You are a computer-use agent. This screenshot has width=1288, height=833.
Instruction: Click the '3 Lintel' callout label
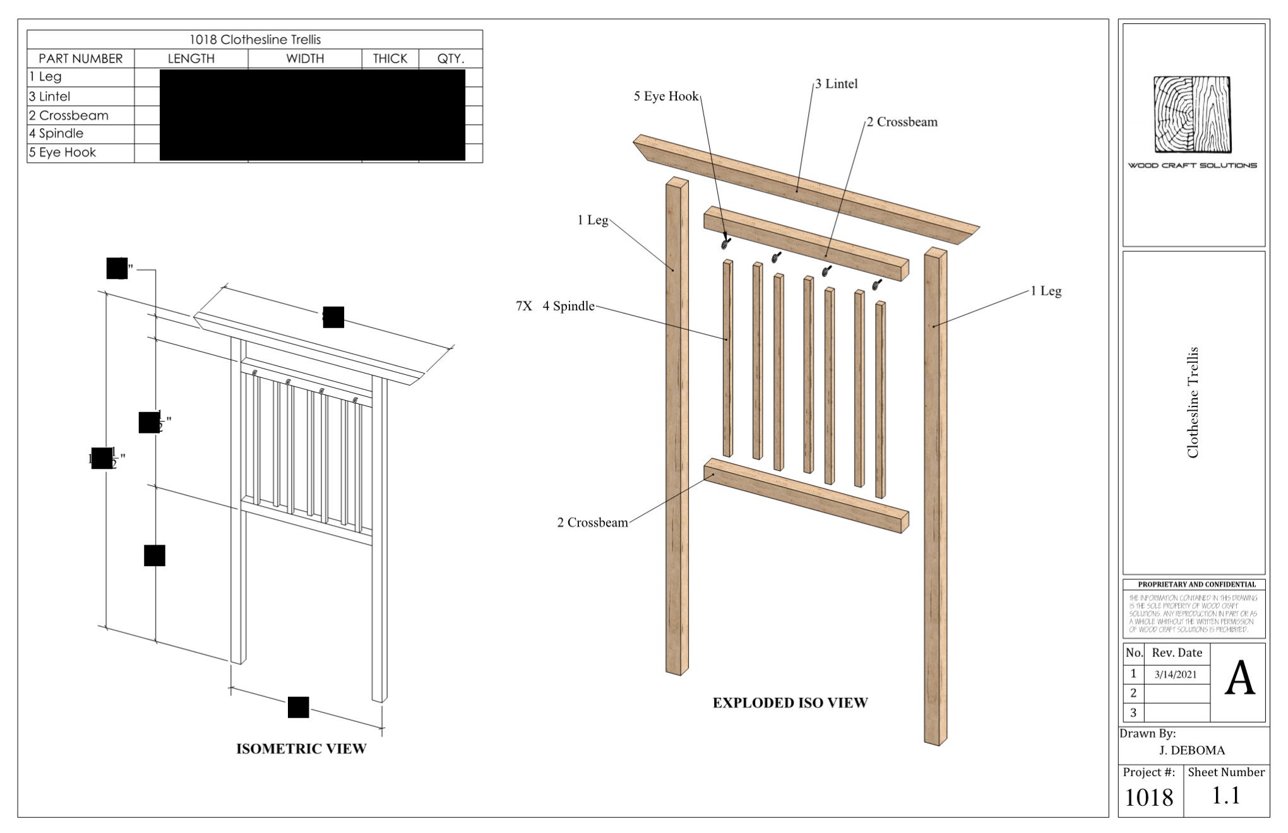click(836, 84)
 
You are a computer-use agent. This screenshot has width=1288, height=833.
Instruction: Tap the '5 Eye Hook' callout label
click(666, 97)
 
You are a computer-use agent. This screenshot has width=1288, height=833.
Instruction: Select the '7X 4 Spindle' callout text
click(555, 306)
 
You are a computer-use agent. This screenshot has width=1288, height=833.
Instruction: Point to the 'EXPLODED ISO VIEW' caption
click(790, 703)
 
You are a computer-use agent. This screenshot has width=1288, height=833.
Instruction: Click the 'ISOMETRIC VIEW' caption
click(301, 749)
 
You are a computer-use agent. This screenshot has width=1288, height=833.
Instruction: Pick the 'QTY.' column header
click(451, 59)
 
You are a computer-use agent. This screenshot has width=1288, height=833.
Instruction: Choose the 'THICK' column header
click(390, 59)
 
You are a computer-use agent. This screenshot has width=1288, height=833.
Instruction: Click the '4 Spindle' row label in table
click(56, 134)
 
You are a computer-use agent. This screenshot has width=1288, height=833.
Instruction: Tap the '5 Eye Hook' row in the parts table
click(63, 153)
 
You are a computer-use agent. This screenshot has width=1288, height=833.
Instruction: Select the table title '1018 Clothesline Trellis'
click(255, 40)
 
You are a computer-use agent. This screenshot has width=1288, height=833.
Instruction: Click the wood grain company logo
click(1193, 115)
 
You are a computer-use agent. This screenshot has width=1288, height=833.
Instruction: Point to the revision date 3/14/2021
click(1175, 675)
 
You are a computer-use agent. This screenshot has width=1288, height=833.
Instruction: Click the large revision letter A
click(1239, 679)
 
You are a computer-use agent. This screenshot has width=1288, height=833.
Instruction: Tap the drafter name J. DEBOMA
click(1191, 750)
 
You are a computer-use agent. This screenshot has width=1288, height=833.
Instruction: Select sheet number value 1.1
click(1225, 796)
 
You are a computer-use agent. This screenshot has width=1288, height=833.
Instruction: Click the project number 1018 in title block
click(1148, 798)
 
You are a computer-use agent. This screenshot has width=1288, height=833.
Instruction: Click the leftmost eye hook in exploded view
click(726, 242)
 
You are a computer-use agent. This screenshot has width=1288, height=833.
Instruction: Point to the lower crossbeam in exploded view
click(806, 495)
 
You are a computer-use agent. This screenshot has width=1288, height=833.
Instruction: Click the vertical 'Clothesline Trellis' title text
click(1193, 402)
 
